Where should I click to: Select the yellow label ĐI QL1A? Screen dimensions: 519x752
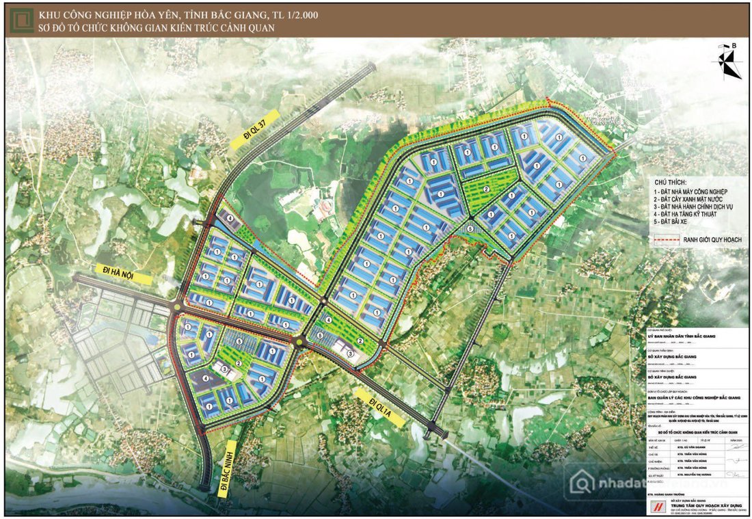pyautogui.click(x=383, y=408)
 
